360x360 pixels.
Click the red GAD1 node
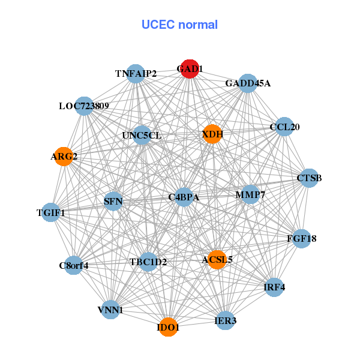190,69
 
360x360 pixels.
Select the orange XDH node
212,134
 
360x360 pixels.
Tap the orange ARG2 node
64,157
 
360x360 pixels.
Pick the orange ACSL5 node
217,259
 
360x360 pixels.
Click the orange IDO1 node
169,328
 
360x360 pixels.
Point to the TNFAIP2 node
136,73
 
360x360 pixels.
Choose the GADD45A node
248,83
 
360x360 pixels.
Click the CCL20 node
284,127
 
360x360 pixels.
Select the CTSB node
309,178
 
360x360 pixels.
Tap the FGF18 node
301,239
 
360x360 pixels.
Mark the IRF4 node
274,287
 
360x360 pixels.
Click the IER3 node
226,321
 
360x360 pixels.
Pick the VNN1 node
110,310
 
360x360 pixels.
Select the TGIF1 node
50,212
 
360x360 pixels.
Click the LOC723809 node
84,106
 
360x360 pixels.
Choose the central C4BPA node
184,197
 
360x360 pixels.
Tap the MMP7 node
250,194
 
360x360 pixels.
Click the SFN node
113,201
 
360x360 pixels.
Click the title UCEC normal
179,25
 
